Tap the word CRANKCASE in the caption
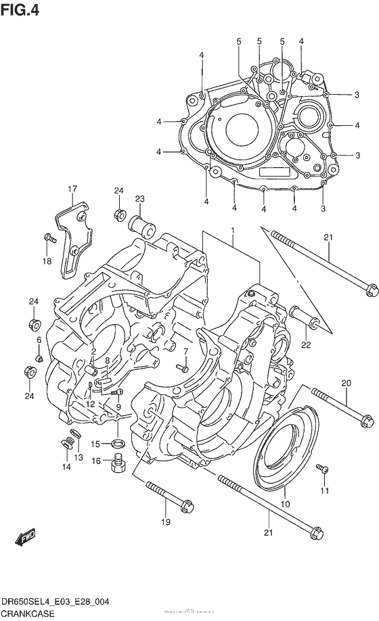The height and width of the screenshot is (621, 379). [29, 612]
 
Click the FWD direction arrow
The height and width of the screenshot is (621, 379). [26, 538]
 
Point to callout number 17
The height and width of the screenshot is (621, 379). [72, 189]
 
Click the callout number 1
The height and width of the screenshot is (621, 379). [232, 231]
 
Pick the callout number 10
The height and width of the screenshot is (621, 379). [285, 505]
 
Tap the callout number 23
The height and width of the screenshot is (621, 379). [140, 199]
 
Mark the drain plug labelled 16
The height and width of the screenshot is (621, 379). [118, 465]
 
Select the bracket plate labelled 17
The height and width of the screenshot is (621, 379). [70, 237]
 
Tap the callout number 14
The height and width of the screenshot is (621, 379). [66, 467]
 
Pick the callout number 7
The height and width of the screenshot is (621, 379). [185, 351]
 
